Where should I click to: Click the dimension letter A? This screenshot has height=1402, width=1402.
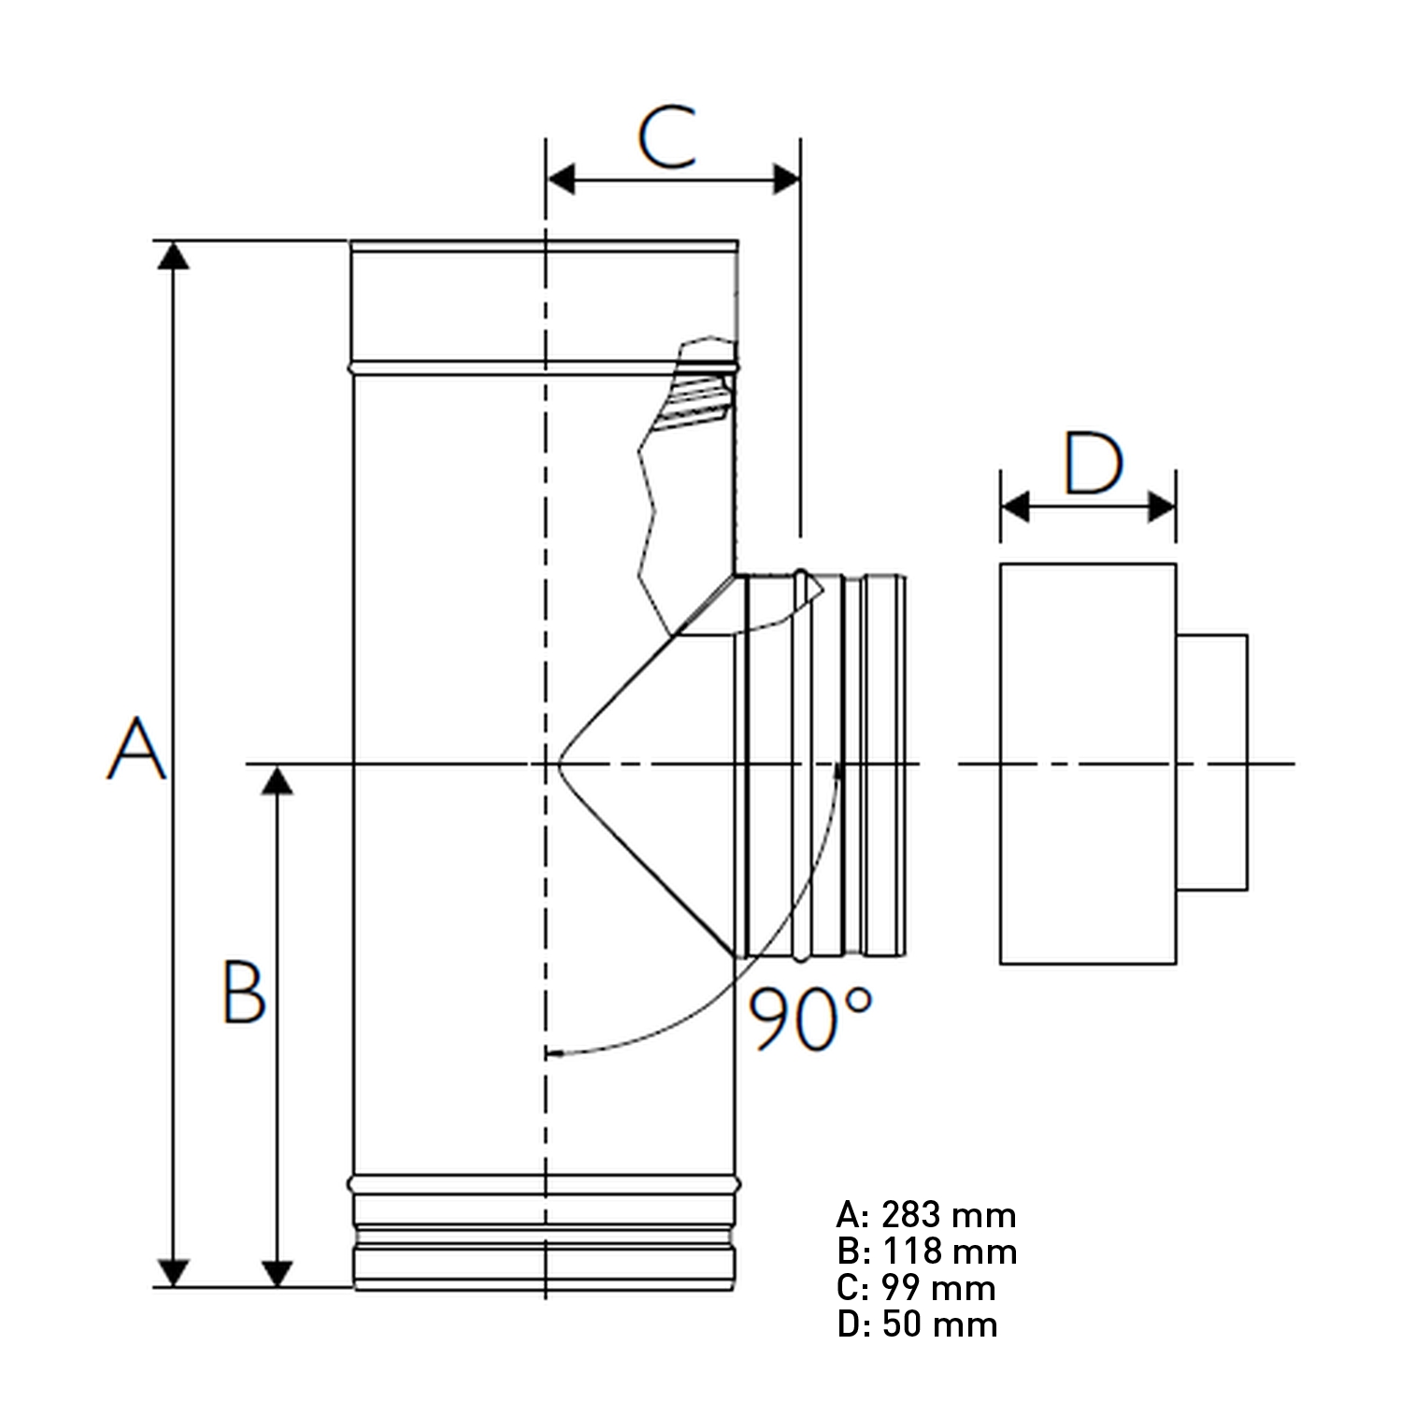pyautogui.click(x=136, y=749)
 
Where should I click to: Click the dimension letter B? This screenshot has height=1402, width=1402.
pyautogui.click(x=244, y=992)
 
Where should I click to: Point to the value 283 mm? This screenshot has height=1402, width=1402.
pyautogui.click(x=948, y=1215)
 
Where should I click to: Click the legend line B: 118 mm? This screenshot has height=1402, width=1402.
pyautogui.click(x=926, y=1252)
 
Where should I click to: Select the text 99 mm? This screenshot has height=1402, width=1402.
pyautogui.click(x=938, y=1288)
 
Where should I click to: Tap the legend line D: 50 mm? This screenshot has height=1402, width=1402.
pyautogui.click(x=917, y=1324)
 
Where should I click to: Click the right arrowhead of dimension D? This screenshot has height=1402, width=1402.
pyautogui.click(x=1162, y=508)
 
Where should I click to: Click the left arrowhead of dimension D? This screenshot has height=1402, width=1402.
pyautogui.click(x=1015, y=508)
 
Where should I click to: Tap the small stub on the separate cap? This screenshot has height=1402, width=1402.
pyautogui.click(x=1211, y=762)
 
